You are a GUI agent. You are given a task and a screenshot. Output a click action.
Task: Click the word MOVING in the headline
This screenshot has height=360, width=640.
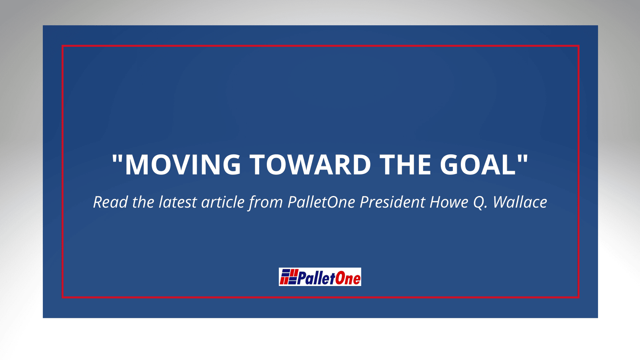[183, 165]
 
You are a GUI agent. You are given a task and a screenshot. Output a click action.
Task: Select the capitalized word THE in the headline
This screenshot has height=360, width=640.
[405, 165]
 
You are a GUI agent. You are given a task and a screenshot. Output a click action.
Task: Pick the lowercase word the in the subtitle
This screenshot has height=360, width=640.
[143, 202]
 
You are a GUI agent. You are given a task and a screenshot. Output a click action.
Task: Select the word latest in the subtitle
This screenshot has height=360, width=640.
[178, 202]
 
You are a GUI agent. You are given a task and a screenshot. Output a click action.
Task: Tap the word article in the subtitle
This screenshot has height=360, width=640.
[223, 202]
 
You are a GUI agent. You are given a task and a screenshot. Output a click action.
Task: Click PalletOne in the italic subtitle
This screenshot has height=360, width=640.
[321, 202]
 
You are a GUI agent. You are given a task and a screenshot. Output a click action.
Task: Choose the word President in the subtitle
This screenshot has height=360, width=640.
[392, 202]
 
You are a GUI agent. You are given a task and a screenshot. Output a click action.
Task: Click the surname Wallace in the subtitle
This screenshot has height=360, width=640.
[520, 202]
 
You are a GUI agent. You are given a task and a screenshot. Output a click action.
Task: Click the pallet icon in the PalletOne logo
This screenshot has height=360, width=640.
[288, 276]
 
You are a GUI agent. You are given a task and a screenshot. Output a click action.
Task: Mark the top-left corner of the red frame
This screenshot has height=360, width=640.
[62, 46]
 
